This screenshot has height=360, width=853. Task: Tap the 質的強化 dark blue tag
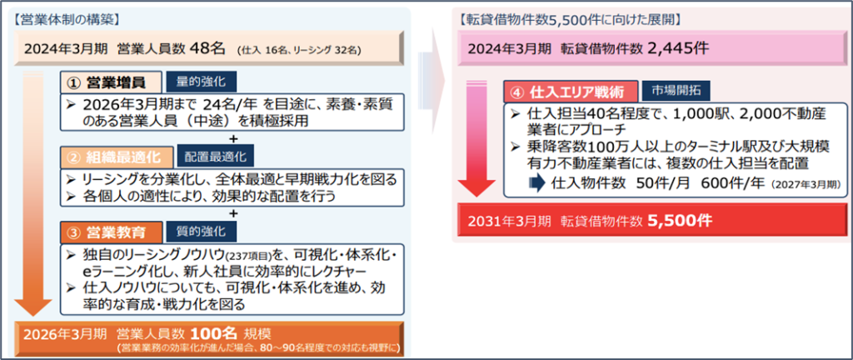coord(202,232)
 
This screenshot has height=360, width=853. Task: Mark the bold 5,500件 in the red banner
coord(681,222)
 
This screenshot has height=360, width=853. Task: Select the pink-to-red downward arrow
coord(477,139)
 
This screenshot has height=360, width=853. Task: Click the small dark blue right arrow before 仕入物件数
coord(537,182)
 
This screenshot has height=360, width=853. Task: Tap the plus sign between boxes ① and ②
coord(234,138)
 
